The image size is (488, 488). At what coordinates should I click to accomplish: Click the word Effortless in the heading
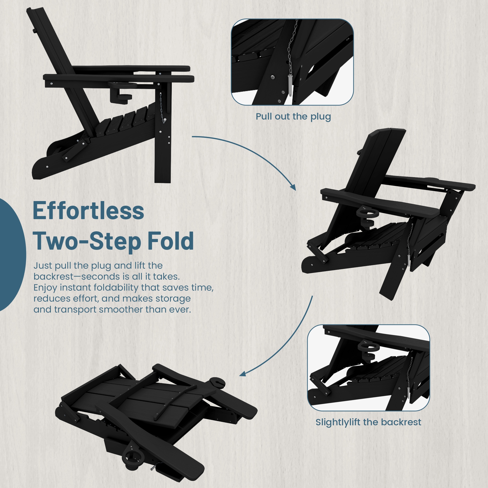tap(88, 210)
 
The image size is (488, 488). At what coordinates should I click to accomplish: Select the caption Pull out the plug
tap(293, 117)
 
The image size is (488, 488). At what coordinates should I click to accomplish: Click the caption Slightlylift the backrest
tap(368, 422)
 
